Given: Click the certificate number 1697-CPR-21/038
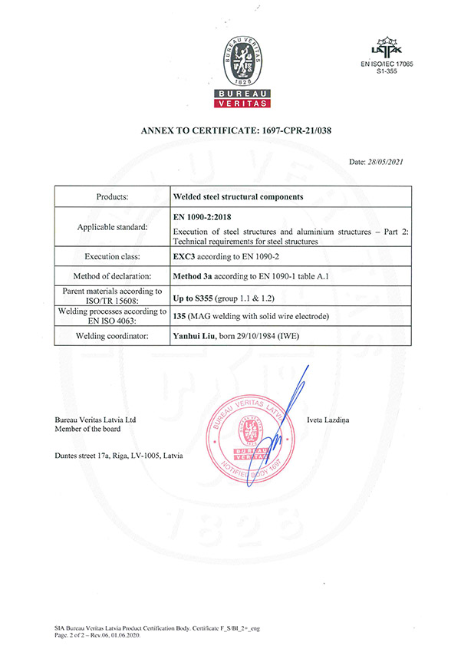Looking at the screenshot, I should click(288, 132).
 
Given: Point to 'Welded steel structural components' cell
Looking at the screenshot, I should click(239, 196).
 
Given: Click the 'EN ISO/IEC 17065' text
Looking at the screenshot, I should click(392, 64).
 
